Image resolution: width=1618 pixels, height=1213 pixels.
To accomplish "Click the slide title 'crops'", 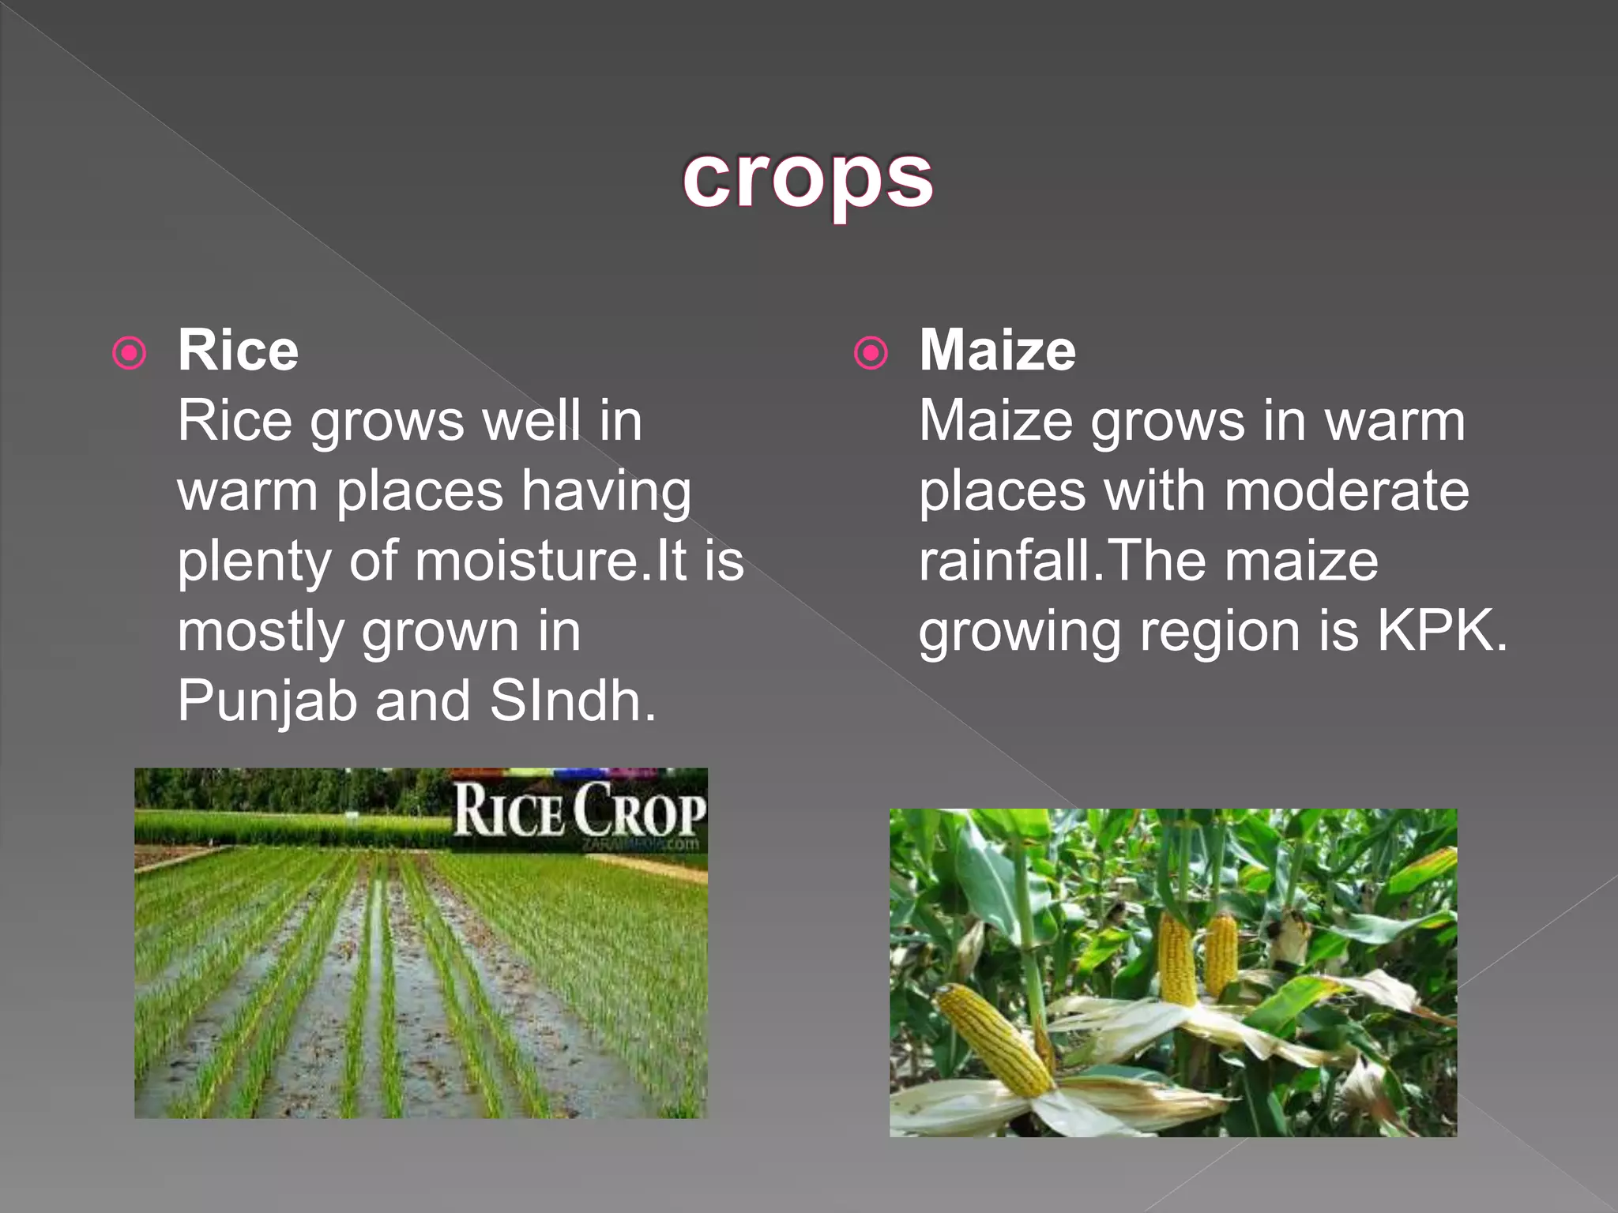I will click(807, 180).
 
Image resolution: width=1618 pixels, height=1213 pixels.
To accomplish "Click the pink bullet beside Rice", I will click(130, 353).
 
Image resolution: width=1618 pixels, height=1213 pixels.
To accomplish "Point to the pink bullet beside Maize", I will click(871, 353).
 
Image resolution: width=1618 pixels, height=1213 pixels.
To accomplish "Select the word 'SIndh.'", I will click(573, 701).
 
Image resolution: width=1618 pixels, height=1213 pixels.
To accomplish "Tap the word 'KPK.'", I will click(1443, 631).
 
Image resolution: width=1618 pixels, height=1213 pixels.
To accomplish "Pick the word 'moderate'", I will click(1346, 491).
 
